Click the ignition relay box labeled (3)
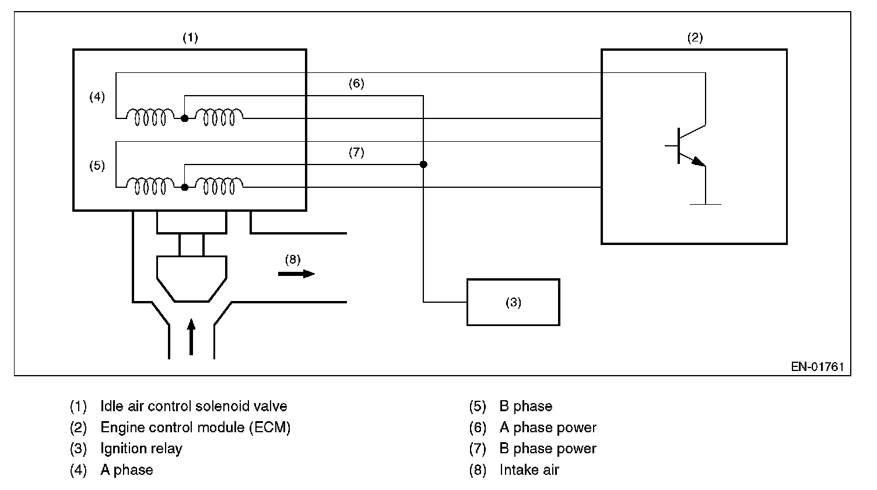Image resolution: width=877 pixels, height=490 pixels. pyautogui.click(x=513, y=302)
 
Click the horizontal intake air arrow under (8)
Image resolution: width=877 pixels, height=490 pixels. pyautogui.click(x=296, y=274)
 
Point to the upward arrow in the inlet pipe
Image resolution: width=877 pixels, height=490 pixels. pyautogui.click(x=191, y=337)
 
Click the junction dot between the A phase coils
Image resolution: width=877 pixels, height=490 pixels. pyautogui.click(x=184, y=118)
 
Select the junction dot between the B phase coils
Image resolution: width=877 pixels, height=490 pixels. pyautogui.click(x=184, y=187)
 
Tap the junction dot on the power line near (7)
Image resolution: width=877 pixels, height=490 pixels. pyautogui.click(x=423, y=164)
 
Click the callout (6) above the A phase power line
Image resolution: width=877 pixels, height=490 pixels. pyautogui.click(x=356, y=83)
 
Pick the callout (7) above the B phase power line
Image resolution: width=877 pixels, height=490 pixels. pyautogui.click(x=356, y=152)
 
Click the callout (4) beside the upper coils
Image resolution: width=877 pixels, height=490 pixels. pyautogui.click(x=97, y=97)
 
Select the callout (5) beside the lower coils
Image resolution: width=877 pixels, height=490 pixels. pyautogui.click(x=97, y=166)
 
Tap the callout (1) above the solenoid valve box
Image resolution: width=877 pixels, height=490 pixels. pyautogui.click(x=190, y=38)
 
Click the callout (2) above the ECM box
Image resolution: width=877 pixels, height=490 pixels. pyautogui.click(x=694, y=38)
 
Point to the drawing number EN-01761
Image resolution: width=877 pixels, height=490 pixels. pyautogui.click(x=817, y=367)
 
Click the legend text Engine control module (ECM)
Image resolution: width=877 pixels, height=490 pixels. pyautogui.click(x=195, y=428)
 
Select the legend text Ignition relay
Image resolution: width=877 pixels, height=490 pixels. pyautogui.click(x=141, y=449)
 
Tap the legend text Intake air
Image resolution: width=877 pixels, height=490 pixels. pyautogui.click(x=529, y=470)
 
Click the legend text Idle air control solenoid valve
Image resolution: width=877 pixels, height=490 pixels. pyautogui.click(x=194, y=406)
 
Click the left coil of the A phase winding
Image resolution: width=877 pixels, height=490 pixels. pyautogui.click(x=150, y=118)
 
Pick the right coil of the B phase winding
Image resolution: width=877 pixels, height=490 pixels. pyautogui.click(x=219, y=187)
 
